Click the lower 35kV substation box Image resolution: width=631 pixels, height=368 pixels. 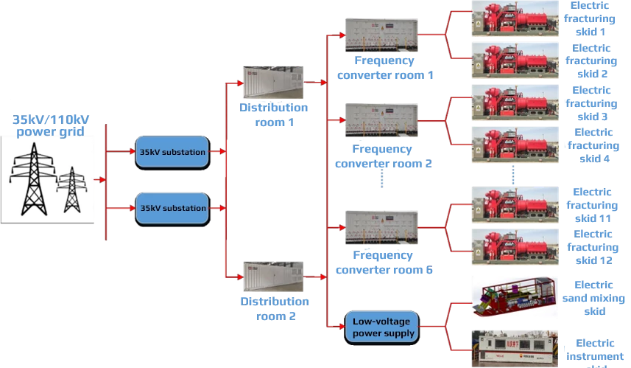pos(173,208)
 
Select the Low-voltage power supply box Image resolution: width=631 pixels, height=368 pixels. pos(382,325)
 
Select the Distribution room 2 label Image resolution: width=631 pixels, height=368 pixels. pos(275,308)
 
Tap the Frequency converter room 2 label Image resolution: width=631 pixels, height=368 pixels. pos(384,156)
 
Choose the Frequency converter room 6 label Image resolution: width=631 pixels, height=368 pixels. pos(384,263)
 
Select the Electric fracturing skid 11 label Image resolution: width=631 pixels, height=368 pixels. pos(593,205)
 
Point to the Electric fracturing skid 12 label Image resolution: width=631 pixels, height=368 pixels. pos(593,247)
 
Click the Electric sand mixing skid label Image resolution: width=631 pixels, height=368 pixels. pos(595,298)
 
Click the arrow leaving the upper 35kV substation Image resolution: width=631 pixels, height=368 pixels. pos(218,151)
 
